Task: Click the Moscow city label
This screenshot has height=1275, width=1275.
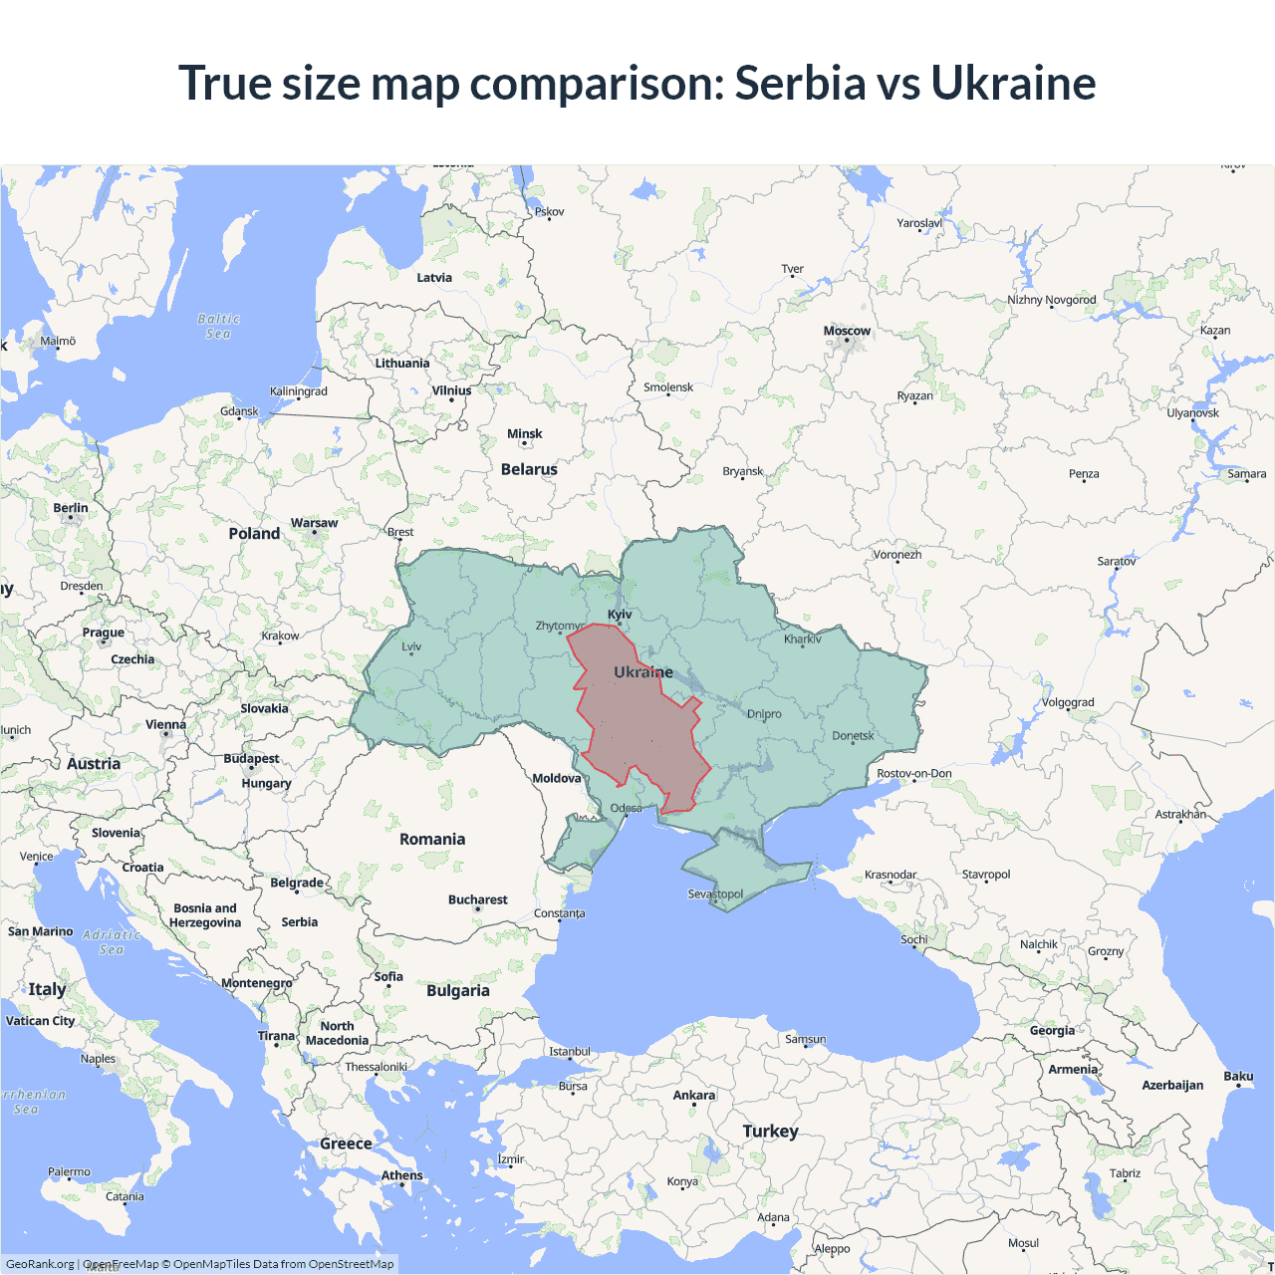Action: [847, 331]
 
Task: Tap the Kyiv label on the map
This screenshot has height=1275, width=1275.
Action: [620, 615]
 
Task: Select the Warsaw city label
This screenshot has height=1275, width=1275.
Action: [314, 523]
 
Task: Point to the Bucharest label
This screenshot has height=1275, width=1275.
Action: [477, 899]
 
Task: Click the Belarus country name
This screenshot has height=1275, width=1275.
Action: [529, 469]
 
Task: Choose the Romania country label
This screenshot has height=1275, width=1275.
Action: [432, 839]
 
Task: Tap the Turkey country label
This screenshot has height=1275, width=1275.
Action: [770, 1131]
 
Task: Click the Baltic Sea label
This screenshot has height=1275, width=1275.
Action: [219, 327]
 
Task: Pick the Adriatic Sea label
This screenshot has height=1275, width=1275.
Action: [112, 942]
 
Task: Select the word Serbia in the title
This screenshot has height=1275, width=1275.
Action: [799, 83]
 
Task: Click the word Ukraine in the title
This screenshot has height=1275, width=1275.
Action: [1013, 83]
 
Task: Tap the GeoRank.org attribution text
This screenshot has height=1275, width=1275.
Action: [40, 1264]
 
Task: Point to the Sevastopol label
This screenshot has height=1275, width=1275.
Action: [715, 893]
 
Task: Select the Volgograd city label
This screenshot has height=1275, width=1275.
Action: [1068, 702]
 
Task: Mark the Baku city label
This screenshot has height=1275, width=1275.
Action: [1238, 1076]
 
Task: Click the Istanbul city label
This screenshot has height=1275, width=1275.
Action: [570, 1052]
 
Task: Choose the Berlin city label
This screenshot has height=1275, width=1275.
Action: [71, 508]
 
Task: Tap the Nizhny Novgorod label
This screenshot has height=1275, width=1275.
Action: [1051, 300]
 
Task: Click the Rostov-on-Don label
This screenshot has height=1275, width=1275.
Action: [914, 773]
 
